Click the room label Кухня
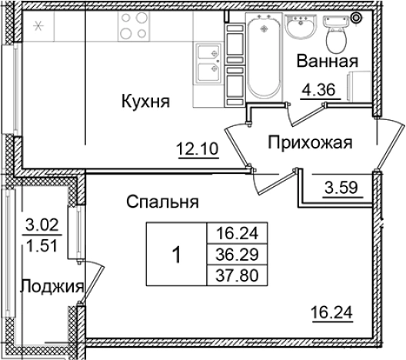pos(145,102)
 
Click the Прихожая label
pos(310,142)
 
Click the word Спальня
pos(163,203)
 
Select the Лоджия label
pos(52,287)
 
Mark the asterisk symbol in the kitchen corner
pos(39,25)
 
